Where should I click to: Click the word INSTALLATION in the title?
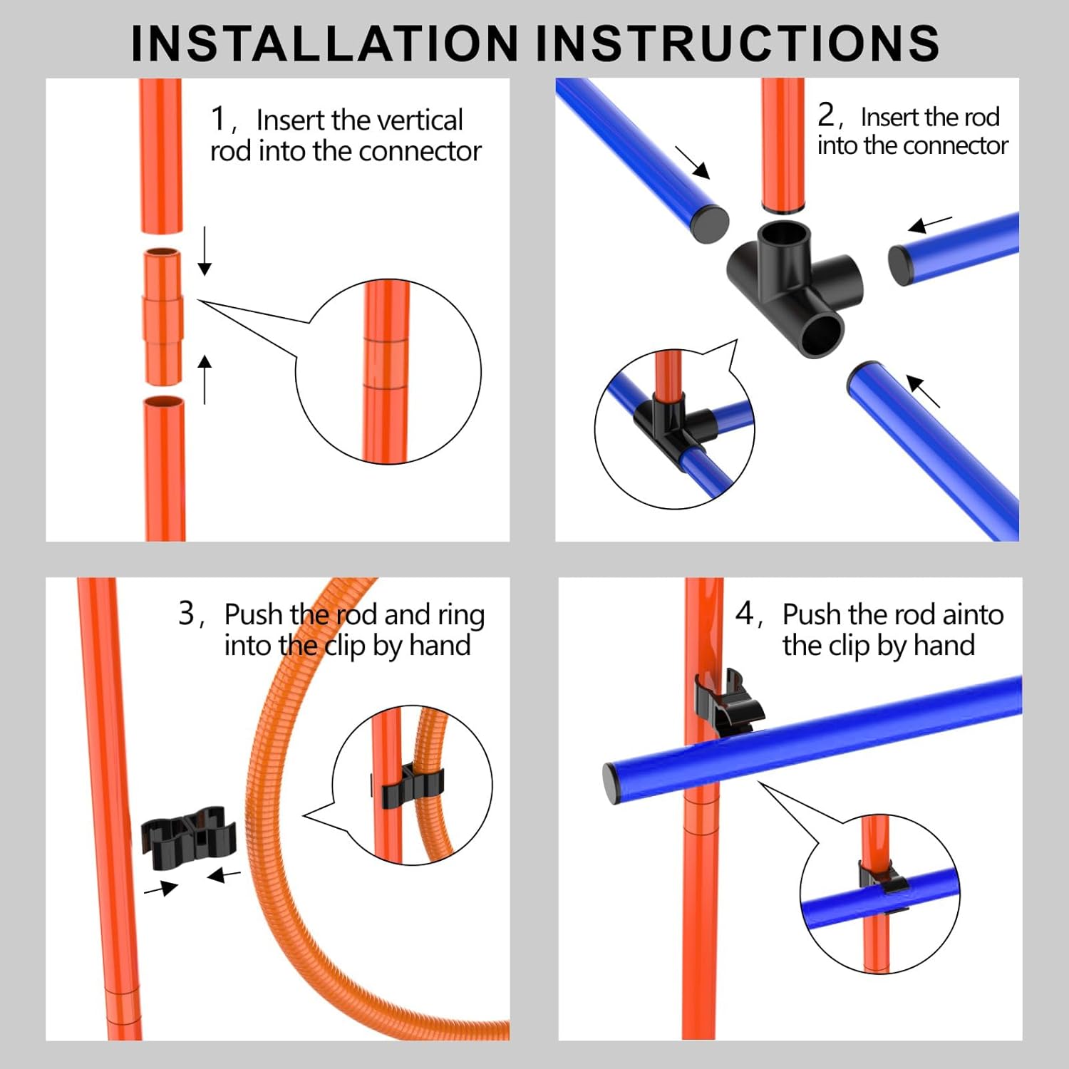326,43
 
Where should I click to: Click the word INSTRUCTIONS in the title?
738,43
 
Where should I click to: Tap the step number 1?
218,118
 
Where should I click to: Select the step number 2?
825,114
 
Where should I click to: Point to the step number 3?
186,613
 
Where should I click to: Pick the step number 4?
745,613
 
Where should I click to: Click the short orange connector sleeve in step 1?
163,317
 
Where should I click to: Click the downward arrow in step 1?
205,252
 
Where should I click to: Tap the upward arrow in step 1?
205,380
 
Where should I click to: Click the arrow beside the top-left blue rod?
693,162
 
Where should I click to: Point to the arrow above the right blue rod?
930,224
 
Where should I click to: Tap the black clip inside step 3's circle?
406,785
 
